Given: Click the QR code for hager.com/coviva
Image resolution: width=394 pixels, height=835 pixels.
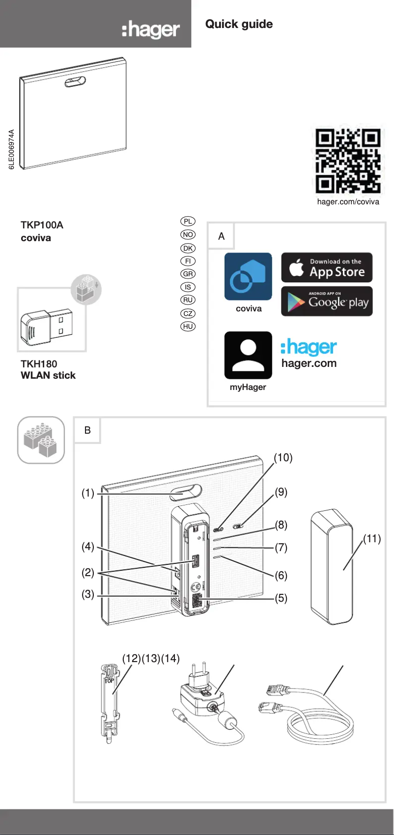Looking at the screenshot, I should [x=348, y=161].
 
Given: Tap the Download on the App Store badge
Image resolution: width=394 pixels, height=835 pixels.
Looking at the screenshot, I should [x=327, y=268].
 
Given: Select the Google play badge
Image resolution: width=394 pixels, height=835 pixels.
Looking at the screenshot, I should [x=327, y=301].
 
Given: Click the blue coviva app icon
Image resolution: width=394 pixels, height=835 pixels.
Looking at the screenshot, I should [x=248, y=277].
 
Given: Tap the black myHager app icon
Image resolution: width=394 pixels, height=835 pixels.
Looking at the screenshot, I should [x=248, y=355].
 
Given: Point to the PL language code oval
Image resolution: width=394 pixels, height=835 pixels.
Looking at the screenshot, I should [x=188, y=222].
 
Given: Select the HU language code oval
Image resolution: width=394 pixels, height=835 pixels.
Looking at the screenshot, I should [x=188, y=326].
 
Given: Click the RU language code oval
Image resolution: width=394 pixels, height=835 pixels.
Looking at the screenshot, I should [x=188, y=300].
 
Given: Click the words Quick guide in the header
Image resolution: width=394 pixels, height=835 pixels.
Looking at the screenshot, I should [x=239, y=24].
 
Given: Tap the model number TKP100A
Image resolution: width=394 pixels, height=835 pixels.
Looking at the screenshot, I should [x=42, y=225].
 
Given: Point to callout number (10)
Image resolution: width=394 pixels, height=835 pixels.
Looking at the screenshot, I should [x=283, y=458].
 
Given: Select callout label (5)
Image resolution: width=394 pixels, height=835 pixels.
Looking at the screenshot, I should [x=281, y=598].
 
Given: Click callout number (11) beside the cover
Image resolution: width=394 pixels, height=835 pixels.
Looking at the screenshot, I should [x=372, y=539].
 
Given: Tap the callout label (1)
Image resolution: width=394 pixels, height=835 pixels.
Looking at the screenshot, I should [x=88, y=493].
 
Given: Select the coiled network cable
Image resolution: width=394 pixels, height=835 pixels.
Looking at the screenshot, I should [x=314, y=712].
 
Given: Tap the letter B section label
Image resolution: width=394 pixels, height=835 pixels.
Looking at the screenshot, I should [x=87, y=430].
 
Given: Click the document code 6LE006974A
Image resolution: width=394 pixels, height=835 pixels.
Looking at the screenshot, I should [x=12, y=150].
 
